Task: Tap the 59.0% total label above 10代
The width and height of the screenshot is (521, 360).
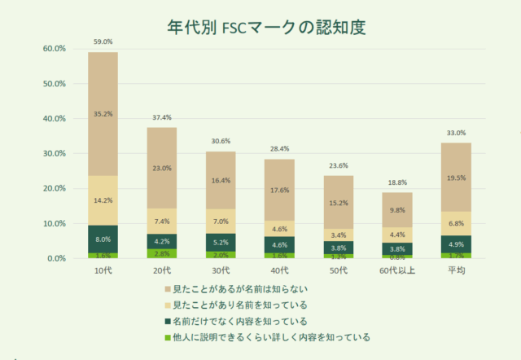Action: (x=103, y=42)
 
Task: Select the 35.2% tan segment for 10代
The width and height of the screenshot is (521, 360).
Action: (x=103, y=114)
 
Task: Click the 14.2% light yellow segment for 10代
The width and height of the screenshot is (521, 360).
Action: (x=103, y=200)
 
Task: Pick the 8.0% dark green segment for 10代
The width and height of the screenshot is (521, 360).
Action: (x=103, y=239)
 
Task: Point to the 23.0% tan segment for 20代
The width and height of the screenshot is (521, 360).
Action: (x=162, y=168)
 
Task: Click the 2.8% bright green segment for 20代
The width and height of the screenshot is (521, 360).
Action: (x=162, y=253)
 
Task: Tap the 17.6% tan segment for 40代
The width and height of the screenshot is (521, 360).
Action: (x=279, y=190)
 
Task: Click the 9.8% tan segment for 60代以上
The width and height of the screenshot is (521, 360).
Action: (x=396, y=210)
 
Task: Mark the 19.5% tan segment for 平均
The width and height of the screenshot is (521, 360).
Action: (x=455, y=178)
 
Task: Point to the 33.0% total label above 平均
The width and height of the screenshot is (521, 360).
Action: (x=455, y=133)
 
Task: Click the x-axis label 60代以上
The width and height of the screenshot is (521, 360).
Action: (x=396, y=270)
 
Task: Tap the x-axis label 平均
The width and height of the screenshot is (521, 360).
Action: (x=455, y=270)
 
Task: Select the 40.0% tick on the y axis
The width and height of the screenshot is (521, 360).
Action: (x=54, y=118)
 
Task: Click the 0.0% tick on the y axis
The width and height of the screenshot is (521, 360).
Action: (x=56, y=258)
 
